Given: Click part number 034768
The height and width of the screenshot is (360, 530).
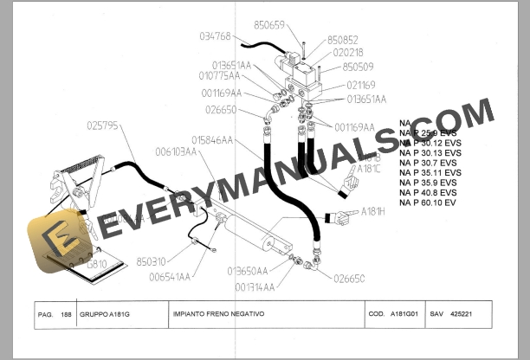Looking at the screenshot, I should tap(215, 36).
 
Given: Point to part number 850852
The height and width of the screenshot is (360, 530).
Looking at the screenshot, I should tap(343, 40).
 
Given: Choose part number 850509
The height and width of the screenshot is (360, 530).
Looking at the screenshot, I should tap(359, 66).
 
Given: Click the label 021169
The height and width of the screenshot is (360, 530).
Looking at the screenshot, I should tap(361, 85).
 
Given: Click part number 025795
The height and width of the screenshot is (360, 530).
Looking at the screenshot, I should tap(102, 125).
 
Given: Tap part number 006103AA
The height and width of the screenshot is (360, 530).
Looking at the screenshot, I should tap(177, 151).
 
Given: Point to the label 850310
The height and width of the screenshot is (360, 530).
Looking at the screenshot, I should tap(151, 260).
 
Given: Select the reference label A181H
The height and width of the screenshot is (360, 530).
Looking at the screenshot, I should tap(373, 210).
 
